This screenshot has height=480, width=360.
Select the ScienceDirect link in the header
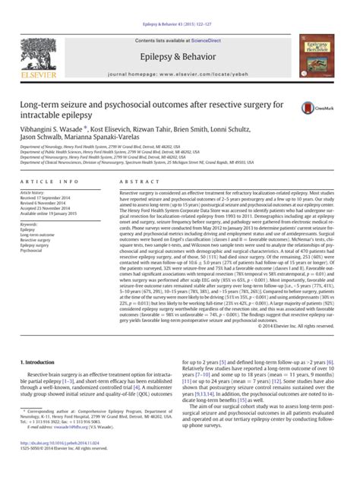pos(212,40)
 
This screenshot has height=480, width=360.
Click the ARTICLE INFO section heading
pos(52,183)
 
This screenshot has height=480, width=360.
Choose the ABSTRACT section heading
pos(135,183)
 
